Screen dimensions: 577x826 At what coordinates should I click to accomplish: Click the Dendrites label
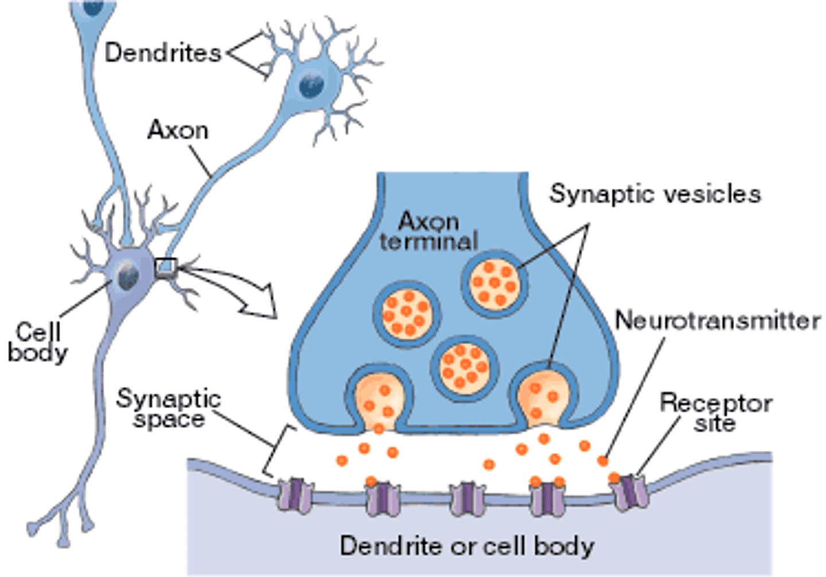pos(162,53)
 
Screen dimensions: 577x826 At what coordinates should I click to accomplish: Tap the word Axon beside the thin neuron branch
pos(178,130)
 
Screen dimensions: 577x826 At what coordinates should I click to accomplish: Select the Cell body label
pos(37,342)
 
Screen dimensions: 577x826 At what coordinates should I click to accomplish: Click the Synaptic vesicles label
pos(655,194)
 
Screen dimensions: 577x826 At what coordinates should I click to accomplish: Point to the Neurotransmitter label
pos(718,320)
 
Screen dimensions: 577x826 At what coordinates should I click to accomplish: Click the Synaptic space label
pos(169,408)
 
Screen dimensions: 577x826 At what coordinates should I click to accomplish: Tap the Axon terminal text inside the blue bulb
pos(428,231)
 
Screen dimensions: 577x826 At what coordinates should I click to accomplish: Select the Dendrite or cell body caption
pos(466,545)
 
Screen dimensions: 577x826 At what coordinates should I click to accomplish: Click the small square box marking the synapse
pos(166,267)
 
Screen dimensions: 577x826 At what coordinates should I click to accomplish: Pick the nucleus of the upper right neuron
pos(311,85)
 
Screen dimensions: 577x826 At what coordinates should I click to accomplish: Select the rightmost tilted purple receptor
pos(630,492)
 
